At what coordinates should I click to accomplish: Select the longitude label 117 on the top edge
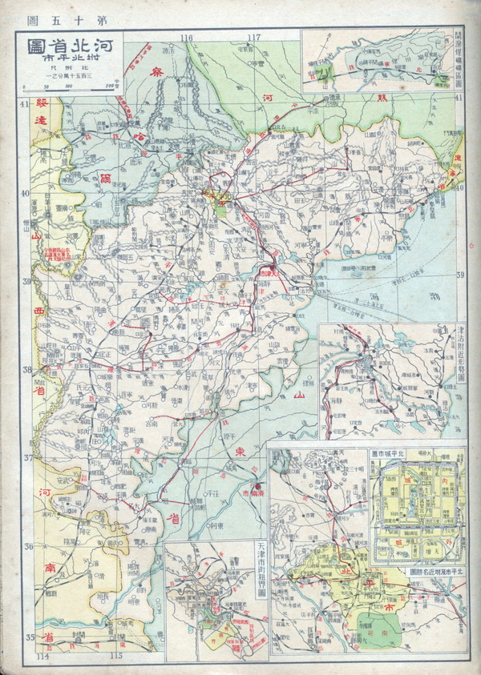[254, 38]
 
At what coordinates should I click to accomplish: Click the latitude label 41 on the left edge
[24, 105]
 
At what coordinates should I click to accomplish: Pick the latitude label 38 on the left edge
[24, 371]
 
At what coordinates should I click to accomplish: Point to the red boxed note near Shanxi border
[61, 255]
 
